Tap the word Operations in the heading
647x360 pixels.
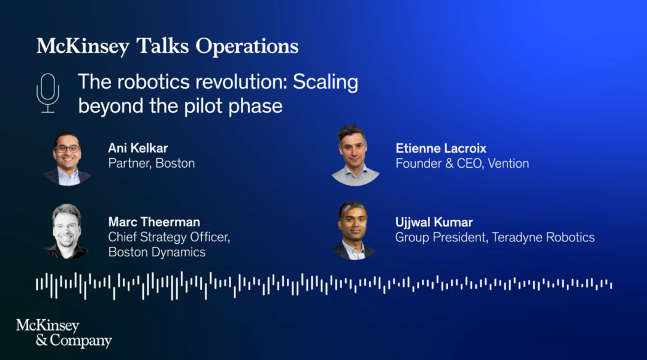click(x=247, y=47)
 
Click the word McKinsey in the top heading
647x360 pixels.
click(x=83, y=46)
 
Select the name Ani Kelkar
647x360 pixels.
click(x=138, y=148)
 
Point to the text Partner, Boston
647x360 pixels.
click(x=152, y=164)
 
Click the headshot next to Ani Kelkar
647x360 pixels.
click(x=67, y=159)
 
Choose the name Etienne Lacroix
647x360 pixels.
click(x=441, y=149)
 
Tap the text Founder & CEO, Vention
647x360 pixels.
click(x=462, y=164)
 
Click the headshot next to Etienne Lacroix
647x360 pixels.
click(x=355, y=156)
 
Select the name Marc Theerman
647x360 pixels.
click(x=154, y=222)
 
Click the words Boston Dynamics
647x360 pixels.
click(x=157, y=252)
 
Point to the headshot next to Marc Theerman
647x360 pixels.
click(x=66, y=231)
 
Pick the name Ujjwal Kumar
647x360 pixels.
click(x=434, y=222)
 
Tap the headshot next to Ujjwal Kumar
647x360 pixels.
click(x=353, y=231)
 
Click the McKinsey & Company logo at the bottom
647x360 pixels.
click(x=64, y=333)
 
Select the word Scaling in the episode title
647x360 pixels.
click(x=325, y=82)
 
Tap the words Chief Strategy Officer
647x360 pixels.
click(x=169, y=237)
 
